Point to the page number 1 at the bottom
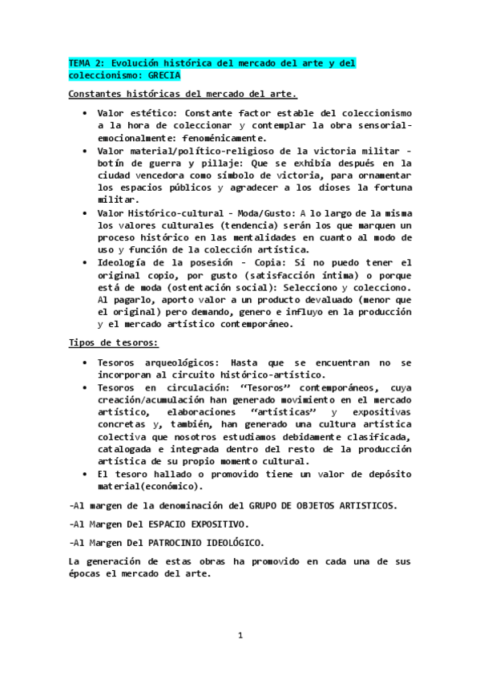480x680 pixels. (x=240, y=636)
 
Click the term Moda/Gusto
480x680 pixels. (x=269, y=213)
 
